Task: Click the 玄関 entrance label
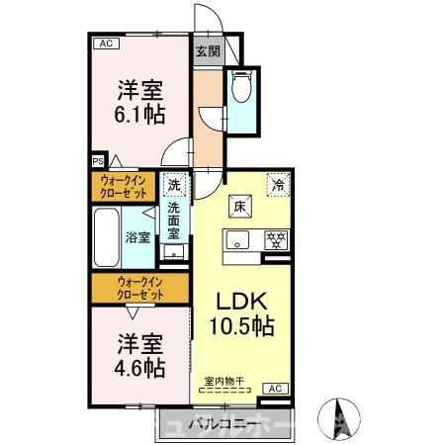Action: click(x=207, y=52)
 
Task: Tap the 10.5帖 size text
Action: click(x=241, y=324)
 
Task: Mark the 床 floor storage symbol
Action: click(x=239, y=206)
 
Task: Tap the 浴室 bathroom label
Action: click(x=137, y=237)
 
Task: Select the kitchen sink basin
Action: click(x=238, y=239)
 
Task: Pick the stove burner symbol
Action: click(x=278, y=238)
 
